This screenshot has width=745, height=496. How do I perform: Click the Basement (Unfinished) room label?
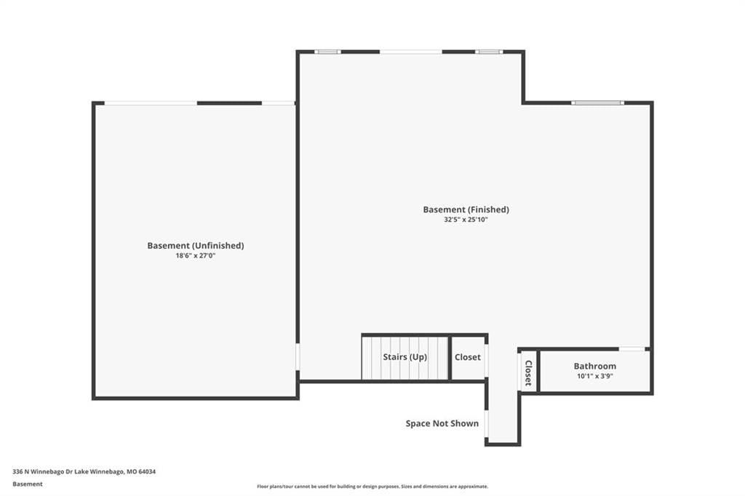point(195,246)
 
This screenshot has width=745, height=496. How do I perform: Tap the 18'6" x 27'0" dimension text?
point(195,255)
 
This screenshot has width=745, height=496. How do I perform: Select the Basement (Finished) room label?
point(466,209)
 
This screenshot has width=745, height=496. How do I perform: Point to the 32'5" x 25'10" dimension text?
point(466,220)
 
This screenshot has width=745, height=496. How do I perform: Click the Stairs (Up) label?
point(405,357)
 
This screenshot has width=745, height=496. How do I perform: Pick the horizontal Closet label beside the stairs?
point(468,357)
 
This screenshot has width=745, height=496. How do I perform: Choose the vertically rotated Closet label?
point(528,373)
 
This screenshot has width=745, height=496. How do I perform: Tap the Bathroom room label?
point(595,366)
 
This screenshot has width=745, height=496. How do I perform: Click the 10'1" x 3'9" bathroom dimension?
point(595,376)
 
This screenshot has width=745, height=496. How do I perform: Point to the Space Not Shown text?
point(442,423)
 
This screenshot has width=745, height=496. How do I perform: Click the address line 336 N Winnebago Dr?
point(84,472)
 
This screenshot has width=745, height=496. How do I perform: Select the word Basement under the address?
point(28,484)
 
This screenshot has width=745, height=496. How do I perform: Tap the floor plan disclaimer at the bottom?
point(372,487)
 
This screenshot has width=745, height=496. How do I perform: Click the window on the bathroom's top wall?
point(632,349)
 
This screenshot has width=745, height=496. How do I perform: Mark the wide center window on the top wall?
point(411,52)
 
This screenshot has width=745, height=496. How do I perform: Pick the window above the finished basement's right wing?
point(598,103)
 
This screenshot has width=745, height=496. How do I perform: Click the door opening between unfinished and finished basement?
point(298,356)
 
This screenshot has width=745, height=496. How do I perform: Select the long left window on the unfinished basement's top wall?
point(151,103)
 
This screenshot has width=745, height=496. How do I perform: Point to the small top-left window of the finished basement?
point(328,52)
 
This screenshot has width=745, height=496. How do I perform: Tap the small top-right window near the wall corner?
point(489,52)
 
